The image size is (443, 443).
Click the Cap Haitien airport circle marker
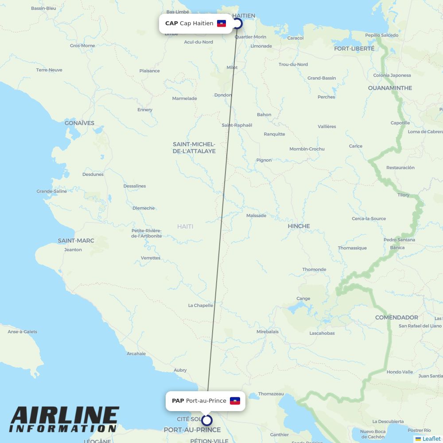point(238,23)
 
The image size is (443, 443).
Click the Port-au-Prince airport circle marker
point(207,420)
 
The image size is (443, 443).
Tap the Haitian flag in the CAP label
point(221,23)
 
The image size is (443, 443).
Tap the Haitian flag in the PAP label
point(235,401)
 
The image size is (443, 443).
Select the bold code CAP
point(171,23)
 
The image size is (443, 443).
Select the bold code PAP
point(178,401)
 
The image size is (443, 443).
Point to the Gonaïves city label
point(79,123)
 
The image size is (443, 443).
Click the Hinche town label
point(299,226)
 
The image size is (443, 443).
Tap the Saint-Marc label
point(76,241)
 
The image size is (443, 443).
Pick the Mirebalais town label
point(268,331)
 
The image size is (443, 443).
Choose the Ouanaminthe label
point(390,88)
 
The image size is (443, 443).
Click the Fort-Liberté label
point(354,48)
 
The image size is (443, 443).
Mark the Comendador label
point(396,318)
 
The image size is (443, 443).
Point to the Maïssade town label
point(256,216)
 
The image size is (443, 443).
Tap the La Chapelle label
point(201,305)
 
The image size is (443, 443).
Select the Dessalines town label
point(135,186)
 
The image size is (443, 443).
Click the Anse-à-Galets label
point(23,331)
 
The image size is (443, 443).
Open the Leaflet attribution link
point(431,439)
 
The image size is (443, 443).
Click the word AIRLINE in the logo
point(65,416)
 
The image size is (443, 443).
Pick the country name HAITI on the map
point(185,226)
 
